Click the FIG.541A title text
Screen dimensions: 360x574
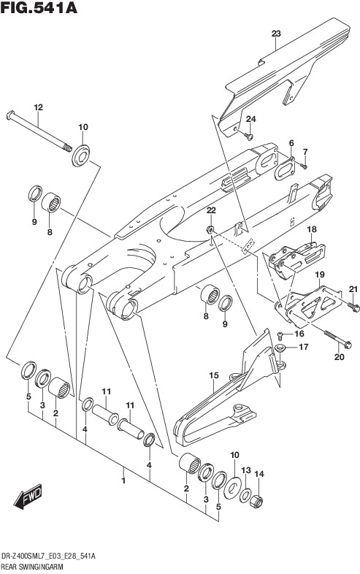tap(39, 7)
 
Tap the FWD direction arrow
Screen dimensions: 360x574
tap(28, 497)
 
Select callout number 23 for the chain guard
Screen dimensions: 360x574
tap(276, 34)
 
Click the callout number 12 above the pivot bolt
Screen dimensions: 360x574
tap(39, 107)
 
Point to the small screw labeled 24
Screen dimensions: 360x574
tap(249, 137)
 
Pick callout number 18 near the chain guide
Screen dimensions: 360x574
tap(312, 229)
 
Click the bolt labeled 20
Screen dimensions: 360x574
tap(338, 340)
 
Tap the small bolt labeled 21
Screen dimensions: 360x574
tap(354, 307)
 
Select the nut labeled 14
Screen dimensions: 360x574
tap(256, 501)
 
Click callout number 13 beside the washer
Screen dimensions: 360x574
tap(246, 470)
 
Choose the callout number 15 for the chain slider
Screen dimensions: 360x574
tap(214, 375)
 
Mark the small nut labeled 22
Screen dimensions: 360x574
tap(210, 230)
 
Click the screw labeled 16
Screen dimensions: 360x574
tap(280, 334)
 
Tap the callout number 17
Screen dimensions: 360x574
tap(304, 347)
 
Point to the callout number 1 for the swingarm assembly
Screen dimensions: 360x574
tap(124, 481)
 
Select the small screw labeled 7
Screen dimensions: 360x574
tap(303, 166)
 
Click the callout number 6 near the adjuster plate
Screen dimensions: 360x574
tap(291, 142)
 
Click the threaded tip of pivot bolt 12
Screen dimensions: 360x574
tap(67, 148)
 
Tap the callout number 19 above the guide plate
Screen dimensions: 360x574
tap(320, 274)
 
